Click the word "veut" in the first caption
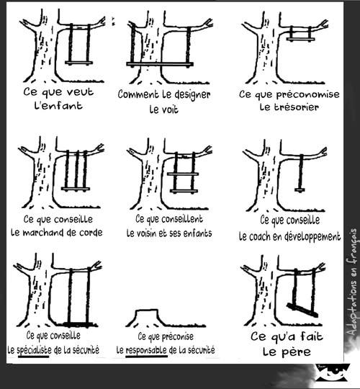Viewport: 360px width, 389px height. pos(81,92)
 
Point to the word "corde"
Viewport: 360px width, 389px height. pos(91,233)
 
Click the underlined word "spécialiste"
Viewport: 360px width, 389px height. pos(33,350)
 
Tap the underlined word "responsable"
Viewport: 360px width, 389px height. pos(146,350)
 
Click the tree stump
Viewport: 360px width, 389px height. pos(147,317)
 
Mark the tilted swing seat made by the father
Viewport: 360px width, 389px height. pos(302,310)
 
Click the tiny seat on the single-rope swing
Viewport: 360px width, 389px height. pos(300,190)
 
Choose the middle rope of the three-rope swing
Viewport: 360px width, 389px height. pos(77,169)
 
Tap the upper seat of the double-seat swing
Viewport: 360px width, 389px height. pos(183,174)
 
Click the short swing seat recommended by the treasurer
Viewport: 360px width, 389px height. pos(300,39)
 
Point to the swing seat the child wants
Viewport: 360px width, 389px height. pos(79,63)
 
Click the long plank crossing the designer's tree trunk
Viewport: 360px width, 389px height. pos(160,64)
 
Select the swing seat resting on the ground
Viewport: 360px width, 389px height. pos(78,324)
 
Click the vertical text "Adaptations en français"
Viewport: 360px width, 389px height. pos(352,282)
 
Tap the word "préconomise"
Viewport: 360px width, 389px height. pos(307,94)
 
